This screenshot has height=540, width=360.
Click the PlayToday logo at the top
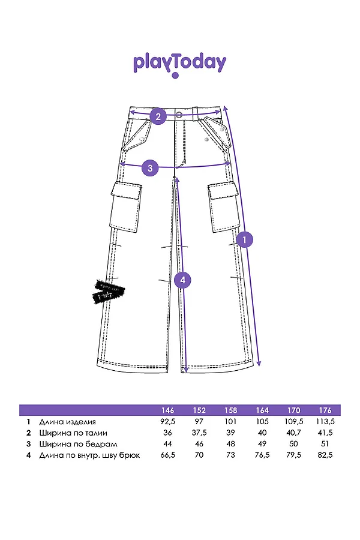[x=180, y=64]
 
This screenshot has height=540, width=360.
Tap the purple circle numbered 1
[x=244, y=239]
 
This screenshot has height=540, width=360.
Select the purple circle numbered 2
[x=158, y=116]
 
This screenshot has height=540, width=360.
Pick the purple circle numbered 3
[x=150, y=167]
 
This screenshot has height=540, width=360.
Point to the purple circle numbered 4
[x=183, y=280]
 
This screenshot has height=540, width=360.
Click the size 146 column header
[x=168, y=410]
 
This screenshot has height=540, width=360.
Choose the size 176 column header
[x=325, y=410]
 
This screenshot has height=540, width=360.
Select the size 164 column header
[x=262, y=410]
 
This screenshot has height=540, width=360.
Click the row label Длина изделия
[x=67, y=422]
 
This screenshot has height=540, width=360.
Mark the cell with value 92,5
[x=168, y=422]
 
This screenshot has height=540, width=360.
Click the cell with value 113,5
[x=325, y=422]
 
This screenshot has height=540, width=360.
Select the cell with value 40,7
[x=294, y=433]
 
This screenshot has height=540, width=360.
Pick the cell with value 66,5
[x=168, y=455]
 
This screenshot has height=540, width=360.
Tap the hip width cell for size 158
[x=231, y=444]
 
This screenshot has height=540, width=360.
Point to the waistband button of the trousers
[x=179, y=115]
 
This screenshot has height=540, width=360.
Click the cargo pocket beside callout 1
[x=223, y=208]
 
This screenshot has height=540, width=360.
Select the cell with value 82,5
[x=325, y=455]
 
